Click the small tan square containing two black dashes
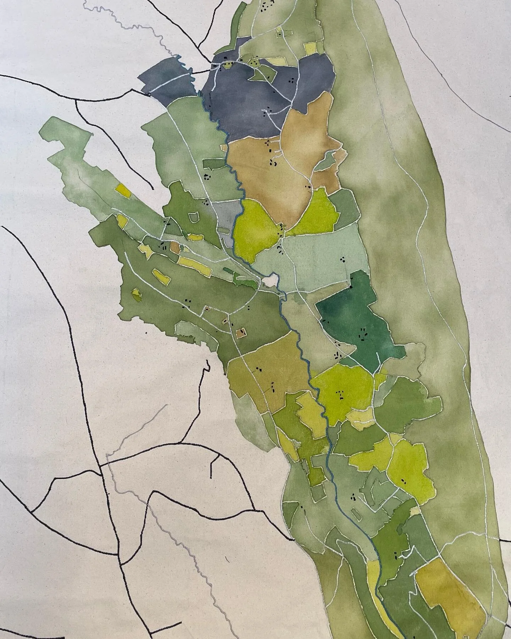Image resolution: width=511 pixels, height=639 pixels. [x=242, y=333]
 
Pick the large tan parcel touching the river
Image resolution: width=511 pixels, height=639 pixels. [x=270, y=170]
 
